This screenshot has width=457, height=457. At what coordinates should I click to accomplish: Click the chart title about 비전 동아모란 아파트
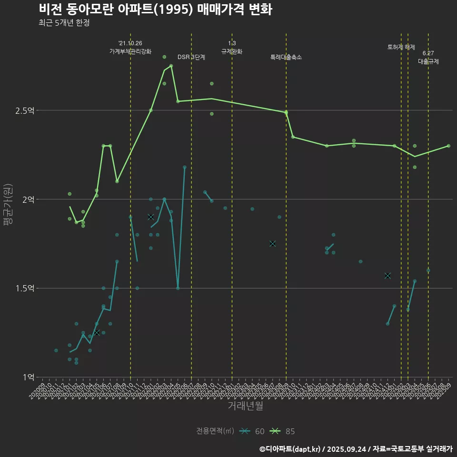155,9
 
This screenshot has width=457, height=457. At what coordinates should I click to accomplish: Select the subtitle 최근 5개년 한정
64,23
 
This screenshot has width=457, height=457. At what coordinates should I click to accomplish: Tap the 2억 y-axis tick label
28,199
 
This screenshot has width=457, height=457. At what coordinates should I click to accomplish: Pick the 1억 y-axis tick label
28,377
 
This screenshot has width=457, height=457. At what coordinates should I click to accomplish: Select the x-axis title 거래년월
245,406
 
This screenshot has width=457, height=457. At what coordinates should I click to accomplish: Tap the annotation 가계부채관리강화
130,51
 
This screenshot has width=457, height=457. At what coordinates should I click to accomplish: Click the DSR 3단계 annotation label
191,57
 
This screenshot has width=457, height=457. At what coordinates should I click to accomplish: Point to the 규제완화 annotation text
232,51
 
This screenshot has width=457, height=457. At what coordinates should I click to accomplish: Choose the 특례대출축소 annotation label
286,57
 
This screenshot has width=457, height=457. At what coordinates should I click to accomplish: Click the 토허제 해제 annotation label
401,47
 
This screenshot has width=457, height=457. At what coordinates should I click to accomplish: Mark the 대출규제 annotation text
428,61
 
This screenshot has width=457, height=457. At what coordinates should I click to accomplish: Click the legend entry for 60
252,431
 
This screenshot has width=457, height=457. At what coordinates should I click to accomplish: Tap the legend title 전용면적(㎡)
215,431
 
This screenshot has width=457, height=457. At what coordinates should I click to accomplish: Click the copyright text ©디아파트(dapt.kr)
291,448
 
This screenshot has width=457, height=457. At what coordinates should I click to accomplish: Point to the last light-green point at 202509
448,146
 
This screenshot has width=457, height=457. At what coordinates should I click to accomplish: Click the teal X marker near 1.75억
272,244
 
